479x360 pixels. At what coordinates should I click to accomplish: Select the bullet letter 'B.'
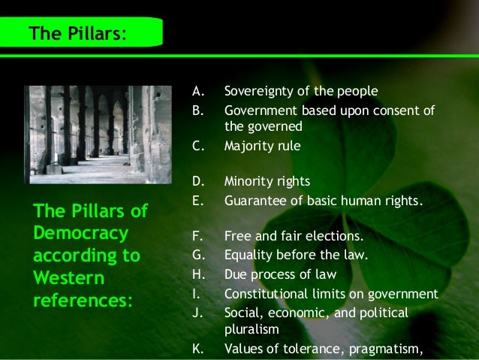[x=197, y=111]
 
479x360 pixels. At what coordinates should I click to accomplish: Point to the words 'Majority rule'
[x=262, y=147]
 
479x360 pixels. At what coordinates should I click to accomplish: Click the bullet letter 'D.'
[x=198, y=181]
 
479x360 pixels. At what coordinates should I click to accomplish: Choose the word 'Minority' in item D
[x=247, y=181]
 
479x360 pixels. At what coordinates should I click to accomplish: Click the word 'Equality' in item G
[x=249, y=255]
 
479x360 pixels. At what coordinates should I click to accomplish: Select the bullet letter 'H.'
[x=197, y=274]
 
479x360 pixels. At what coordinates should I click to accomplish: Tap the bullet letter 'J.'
[x=197, y=312]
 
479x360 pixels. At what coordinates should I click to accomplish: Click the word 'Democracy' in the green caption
[x=80, y=232]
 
